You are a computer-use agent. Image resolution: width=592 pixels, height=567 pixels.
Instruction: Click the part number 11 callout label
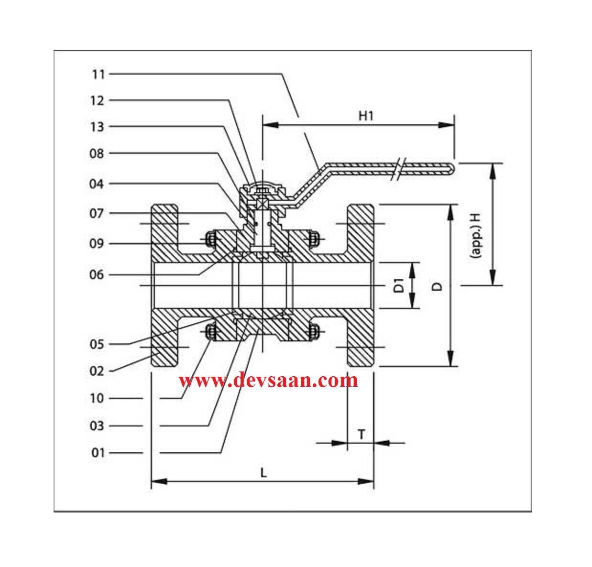tap(98, 74)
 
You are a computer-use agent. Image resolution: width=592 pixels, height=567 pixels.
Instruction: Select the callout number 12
tap(97, 100)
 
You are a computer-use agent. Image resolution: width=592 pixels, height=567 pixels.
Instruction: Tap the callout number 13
tap(97, 127)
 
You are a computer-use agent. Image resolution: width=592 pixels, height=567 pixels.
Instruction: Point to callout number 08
tap(97, 153)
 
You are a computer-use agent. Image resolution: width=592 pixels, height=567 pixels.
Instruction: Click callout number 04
tap(97, 184)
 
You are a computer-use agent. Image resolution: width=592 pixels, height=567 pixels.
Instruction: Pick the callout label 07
tap(97, 214)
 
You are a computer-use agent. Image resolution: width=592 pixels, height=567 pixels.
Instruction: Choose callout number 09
tap(97, 244)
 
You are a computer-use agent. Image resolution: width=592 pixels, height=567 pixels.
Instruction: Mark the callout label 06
tap(97, 275)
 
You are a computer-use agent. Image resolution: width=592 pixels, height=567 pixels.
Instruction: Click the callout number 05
tap(97, 344)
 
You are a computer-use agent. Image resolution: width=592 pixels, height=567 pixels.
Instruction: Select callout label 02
tap(97, 371)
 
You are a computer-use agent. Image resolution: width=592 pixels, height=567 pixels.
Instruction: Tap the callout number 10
tap(97, 398)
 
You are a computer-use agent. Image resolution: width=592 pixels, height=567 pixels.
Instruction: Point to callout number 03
tap(97, 426)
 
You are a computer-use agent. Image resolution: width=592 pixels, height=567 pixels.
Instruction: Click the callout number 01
tap(98, 453)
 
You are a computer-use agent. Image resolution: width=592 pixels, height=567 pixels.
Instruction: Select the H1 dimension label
tap(366, 115)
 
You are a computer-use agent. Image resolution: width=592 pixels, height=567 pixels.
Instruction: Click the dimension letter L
tap(263, 472)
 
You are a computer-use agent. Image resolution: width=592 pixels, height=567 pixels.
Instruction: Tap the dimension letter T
tap(362, 434)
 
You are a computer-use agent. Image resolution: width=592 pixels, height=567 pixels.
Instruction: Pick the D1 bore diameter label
tap(399, 285)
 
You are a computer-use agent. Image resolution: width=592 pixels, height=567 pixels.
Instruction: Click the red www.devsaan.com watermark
tap(268, 381)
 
